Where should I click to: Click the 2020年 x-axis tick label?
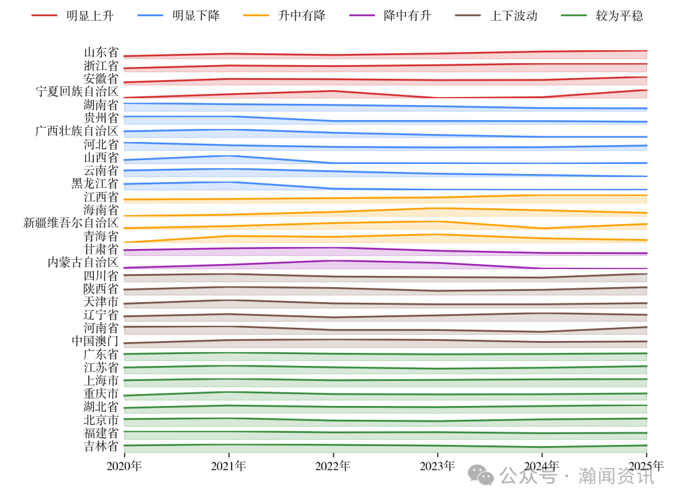click(125, 465)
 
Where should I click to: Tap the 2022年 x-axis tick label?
click(333, 465)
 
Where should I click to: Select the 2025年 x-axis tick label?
click(647, 465)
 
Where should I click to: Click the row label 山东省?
click(101, 53)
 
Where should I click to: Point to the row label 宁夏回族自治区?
click(77, 92)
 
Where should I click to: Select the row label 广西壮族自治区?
click(77, 131)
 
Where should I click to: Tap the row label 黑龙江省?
click(95, 184)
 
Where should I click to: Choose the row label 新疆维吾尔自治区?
click(71, 223)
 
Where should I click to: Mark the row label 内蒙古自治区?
click(83, 263)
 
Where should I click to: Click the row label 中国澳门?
click(95, 342)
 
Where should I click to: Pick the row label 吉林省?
click(101, 446)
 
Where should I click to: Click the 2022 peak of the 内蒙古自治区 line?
click(333, 260)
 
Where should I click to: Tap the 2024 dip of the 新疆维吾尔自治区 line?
click(542, 228)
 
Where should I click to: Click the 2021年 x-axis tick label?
click(228, 465)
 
